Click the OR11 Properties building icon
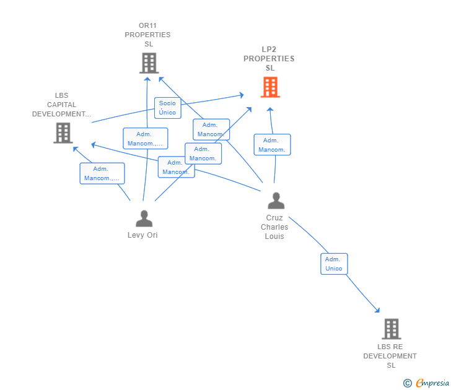click(x=149, y=63)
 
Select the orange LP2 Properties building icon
click(x=269, y=87)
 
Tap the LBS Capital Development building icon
click(x=63, y=132)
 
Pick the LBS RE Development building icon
click(x=391, y=329)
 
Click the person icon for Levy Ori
click(x=144, y=219)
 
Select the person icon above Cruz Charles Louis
click(x=276, y=201)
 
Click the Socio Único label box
click(x=167, y=108)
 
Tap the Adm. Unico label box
click(x=333, y=264)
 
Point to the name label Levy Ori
click(x=142, y=235)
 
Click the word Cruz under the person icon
click(x=274, y=218)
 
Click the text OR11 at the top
click(x=148, y=25)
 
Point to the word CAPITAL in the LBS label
click(x=61, y=105)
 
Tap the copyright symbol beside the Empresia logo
click(x=408, y=383)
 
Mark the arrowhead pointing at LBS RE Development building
click(x=377, y=310)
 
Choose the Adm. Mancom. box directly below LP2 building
click(x=272, y=145)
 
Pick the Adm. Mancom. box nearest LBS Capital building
click(x=102, y=173)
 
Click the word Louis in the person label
click(x=274, y=236)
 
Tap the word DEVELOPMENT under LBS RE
click(x=390, y=356)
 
